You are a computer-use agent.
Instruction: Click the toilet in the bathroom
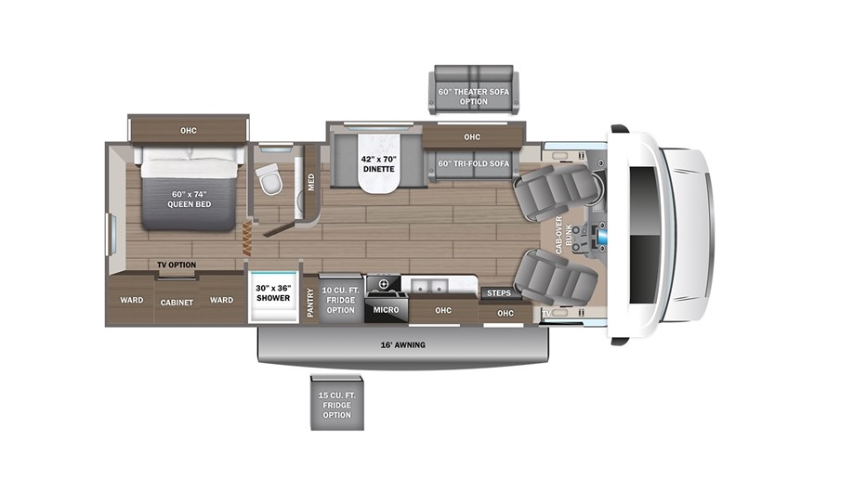click(269, 178)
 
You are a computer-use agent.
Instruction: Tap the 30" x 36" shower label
click(273, 293)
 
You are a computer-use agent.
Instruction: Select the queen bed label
click(189, 199)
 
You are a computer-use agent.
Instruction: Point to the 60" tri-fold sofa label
click(474, 163)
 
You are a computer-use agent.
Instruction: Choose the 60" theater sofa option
click(474, 90)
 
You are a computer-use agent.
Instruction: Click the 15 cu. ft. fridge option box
click(336, 403)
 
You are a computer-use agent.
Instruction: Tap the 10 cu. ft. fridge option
click(340, 300)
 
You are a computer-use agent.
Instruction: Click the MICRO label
click(387, 310)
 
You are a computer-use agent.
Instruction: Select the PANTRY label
click(310, 303)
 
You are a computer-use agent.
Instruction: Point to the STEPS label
click(499, 293)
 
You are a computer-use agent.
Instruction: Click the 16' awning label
click(402, 344)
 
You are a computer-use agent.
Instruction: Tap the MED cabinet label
click(311, 182)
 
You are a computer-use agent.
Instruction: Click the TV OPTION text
click(177, 265)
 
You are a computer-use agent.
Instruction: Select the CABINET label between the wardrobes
click(177, 303)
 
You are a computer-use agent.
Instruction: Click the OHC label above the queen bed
click(189, 131)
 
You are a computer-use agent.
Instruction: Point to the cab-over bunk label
click(564, 235)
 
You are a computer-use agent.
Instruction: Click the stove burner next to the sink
click(384, 283)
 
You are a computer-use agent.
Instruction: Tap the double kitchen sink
click(429, 285)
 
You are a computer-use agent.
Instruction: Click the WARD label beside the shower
click(221, 300)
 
